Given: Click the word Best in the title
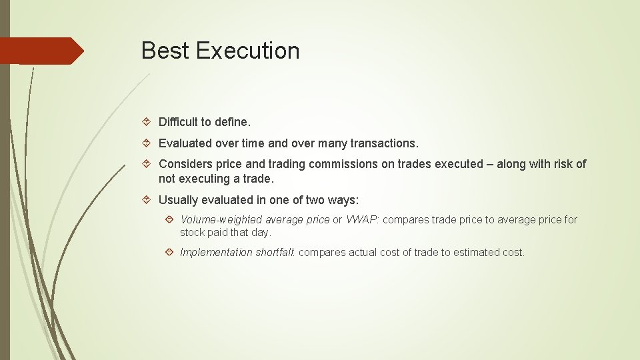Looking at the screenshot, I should coord(165,51).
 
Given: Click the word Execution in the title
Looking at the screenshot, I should coord(247,51).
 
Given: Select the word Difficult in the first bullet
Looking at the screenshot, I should coord(179,122).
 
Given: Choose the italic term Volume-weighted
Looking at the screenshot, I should coord(221,220).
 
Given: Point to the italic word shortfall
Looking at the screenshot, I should coord(275,253).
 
